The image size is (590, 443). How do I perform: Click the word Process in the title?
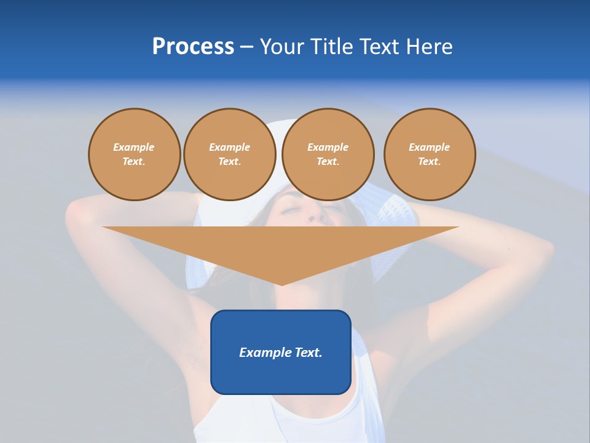point(193,46)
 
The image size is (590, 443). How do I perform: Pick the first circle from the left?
point(135,154)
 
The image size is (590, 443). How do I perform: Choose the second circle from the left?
point(230,154)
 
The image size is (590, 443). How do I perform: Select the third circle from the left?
point(328,154)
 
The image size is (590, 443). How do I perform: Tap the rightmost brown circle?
point(430,154)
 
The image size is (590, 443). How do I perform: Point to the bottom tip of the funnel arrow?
point(281,284)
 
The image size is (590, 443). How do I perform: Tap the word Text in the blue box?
point(309,353)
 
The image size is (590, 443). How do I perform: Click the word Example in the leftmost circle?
point(134,148)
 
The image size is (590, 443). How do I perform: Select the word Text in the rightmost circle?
point(428,162)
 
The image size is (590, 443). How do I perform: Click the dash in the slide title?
point(246,47)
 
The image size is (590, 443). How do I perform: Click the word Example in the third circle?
point(328,148)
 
